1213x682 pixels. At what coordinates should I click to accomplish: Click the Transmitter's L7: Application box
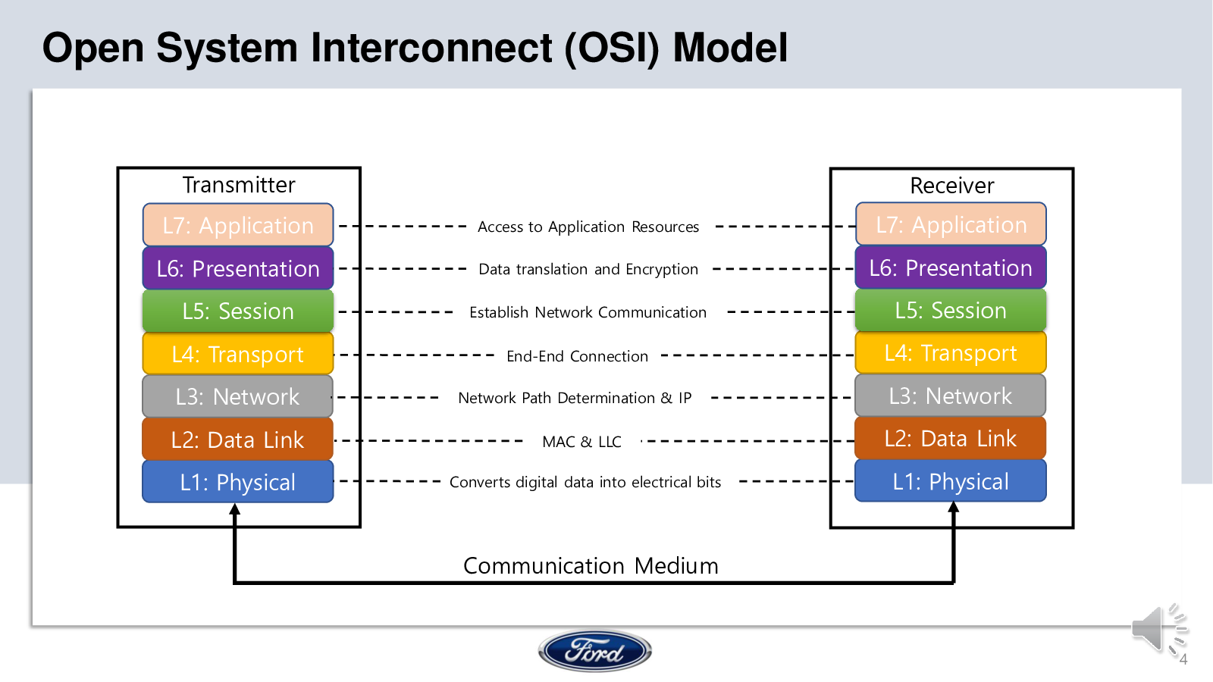click(238, 224)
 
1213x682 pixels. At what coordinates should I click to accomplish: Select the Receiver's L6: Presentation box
click(951, 267)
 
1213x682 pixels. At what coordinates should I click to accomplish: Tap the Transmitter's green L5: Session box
click(238, 311)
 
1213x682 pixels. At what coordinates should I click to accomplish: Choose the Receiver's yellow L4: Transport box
click(951, 352)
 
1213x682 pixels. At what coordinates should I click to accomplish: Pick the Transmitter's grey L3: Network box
click(238, 396)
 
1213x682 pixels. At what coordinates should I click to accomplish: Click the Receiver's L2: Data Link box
click(951, 438)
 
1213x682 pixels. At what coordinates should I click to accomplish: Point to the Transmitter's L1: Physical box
click(238, 482)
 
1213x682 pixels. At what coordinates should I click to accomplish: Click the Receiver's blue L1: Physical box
click(951, 480)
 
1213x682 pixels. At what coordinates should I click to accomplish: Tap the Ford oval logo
click(594, 651)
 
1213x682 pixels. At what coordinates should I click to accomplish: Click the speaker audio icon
click(1159, 630)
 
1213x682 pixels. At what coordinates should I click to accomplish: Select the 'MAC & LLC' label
click(581, 442)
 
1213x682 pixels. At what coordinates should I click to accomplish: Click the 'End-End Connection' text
click(577, 356)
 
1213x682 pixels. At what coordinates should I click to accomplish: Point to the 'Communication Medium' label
click(591, 565)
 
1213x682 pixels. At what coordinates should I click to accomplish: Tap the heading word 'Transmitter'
click(239, 185)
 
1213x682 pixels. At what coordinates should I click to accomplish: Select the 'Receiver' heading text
click(952, 186)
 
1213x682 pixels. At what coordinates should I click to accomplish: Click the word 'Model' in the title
click(730, 48)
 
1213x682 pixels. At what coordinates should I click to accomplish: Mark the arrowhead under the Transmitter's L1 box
click(234, 508)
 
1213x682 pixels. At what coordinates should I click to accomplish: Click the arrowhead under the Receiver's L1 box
click(954, 507)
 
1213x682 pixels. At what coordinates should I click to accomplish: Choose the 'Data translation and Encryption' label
click(588, 269)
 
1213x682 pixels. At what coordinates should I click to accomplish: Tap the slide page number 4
click(1183, 659)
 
